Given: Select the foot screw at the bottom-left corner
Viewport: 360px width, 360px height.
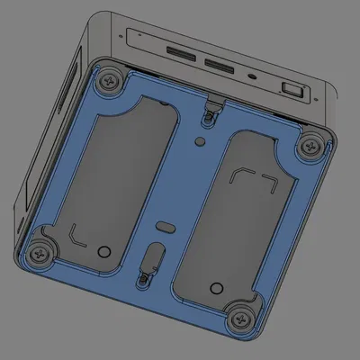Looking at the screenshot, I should (40, 255).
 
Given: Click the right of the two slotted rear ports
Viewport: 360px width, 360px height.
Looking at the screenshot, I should (220, 66).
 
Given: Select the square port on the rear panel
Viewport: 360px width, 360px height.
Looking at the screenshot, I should (293, 88).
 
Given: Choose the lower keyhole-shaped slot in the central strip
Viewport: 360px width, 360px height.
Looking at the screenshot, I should (149, 262).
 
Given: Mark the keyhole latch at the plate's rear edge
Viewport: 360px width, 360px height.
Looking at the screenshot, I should (212, 110).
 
